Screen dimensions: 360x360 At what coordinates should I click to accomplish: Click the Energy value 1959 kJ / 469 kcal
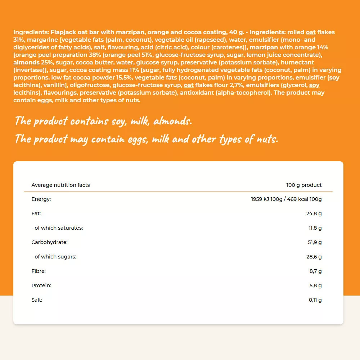286,199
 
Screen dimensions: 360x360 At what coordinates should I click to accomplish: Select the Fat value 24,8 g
314,213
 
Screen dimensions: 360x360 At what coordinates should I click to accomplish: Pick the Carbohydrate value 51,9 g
315,242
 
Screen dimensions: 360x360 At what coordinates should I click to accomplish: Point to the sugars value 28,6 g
314,257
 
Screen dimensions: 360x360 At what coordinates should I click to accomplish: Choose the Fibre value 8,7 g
315,271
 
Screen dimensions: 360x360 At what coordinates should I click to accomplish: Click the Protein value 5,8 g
315,285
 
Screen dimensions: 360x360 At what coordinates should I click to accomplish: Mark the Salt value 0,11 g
315,300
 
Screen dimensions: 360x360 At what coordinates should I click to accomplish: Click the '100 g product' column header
304,185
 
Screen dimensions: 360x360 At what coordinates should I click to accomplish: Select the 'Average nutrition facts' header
60,185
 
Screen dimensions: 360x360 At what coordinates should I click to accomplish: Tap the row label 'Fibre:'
39,271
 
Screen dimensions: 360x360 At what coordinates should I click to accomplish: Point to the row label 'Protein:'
41,285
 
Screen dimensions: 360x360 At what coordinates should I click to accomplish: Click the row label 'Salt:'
37,300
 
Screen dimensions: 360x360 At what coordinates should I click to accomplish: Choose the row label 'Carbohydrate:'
49,242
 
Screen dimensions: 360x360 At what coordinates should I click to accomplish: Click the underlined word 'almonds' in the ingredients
26,62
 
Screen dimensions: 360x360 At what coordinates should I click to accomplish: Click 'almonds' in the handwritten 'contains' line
172,121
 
